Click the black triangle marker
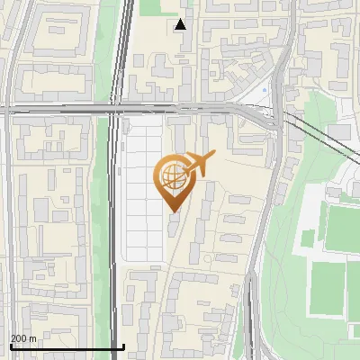tap(181, 24)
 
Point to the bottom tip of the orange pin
tap(172, 212)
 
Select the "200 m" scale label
tap(23, 338)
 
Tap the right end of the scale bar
tap(123, 346)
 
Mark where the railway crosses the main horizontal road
tap(117, 109)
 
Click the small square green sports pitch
tap(308, 238)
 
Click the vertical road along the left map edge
tap(7, 225)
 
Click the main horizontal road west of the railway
tap(54, 109)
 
